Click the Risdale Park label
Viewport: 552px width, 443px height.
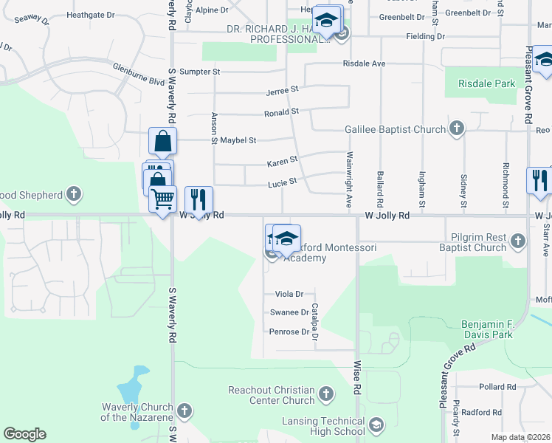point(486,83)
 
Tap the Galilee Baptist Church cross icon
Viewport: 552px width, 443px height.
point(457,129)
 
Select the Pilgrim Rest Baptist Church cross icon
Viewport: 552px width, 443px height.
point(518,241)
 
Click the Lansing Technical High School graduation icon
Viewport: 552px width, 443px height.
point(376,425)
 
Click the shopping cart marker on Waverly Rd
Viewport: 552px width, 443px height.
point(162,199)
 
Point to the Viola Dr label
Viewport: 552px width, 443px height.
point(289,294)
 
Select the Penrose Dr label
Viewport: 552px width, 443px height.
point(289,332)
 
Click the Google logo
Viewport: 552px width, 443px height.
point(25,433)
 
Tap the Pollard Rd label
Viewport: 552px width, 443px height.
point(492,387)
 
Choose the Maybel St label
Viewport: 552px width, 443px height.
point(238,140)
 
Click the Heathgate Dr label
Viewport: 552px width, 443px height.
point(91,14)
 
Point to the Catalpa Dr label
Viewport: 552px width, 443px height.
point(314,321)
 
